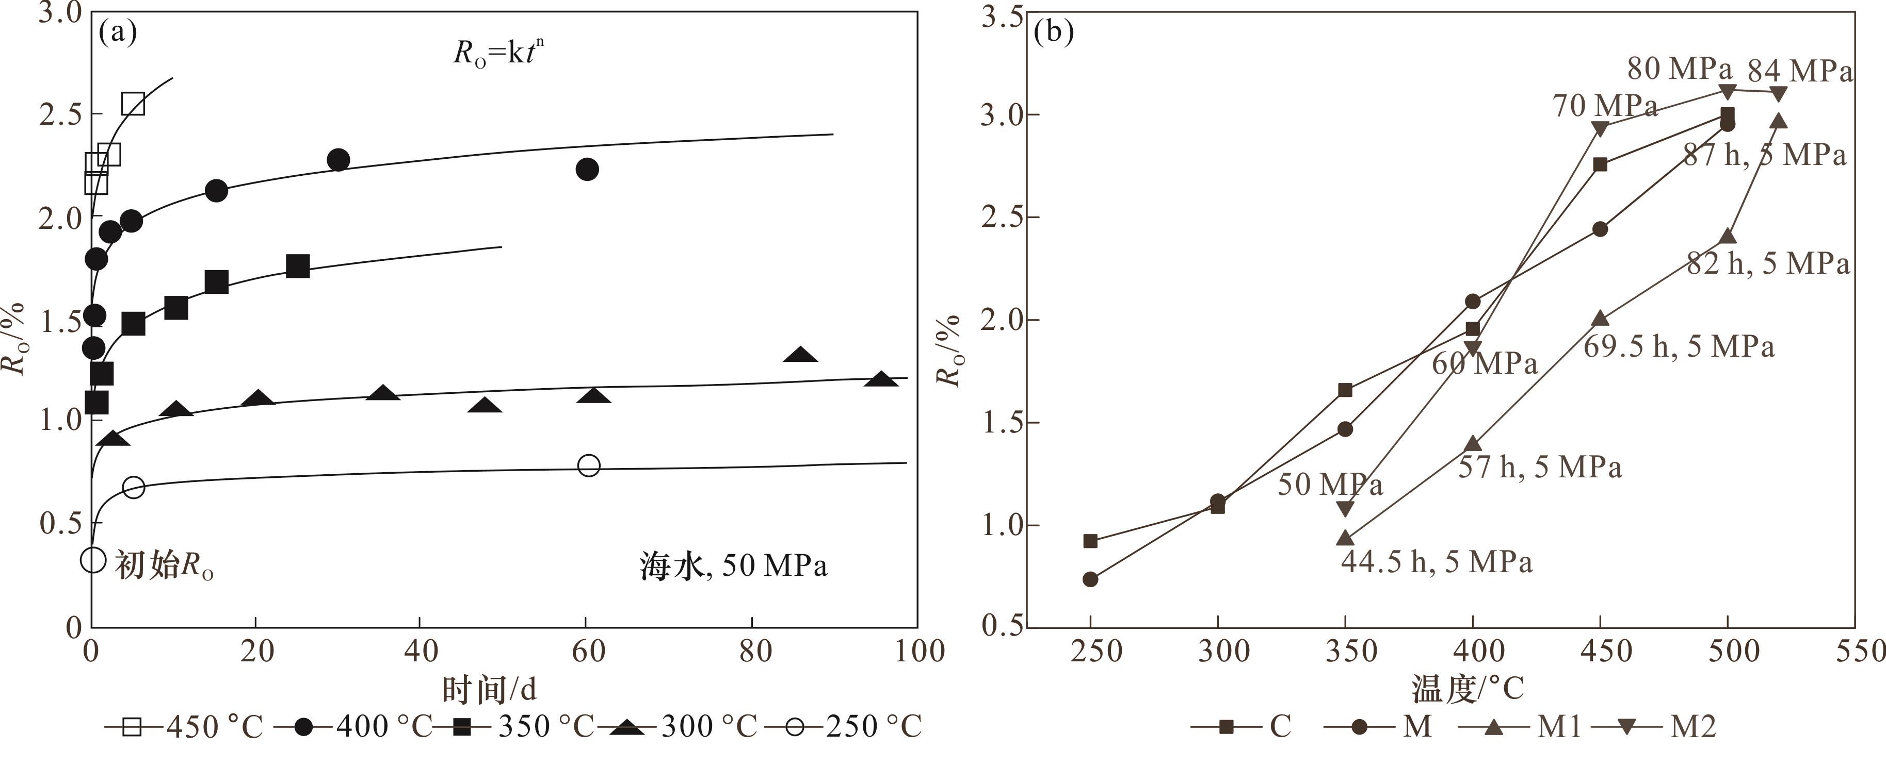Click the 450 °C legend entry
point(183,726)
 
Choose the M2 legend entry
point(1655,726)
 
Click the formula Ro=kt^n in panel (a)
point(498,53)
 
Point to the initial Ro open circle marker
point(93,560)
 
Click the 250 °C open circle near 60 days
point(589,465)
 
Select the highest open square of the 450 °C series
point(133,104)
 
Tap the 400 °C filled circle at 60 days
point(587,169)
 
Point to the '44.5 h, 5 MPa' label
point(1437,562)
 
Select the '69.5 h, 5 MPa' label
point(1679,346)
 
